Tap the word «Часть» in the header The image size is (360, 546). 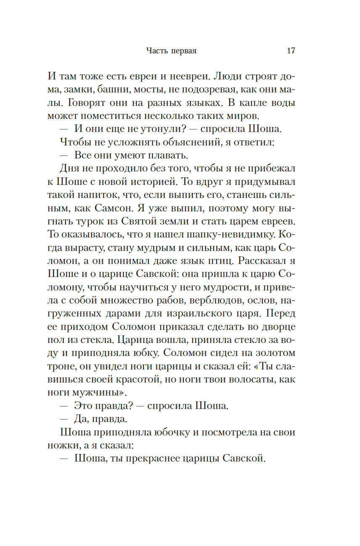pyautogui.click(x=157, y=51)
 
